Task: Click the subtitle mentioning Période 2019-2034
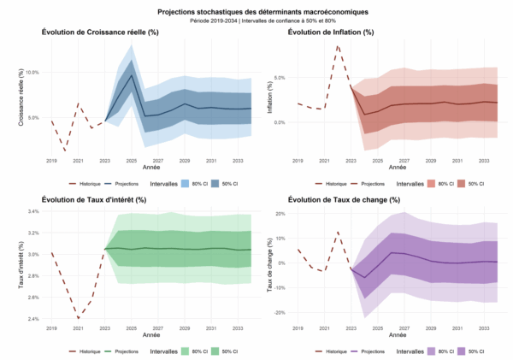pos(256,21)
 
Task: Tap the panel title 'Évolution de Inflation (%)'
pos(331,32)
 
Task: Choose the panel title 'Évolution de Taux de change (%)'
pos(340,199)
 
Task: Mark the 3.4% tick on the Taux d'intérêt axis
pos(32,211)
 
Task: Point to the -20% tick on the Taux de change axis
pos(277,312)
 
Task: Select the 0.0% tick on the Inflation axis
pos(280,122)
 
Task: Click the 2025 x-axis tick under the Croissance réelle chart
pos(133,161)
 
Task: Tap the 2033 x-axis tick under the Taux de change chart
pos(484,328)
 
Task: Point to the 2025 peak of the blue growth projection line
pos(133,74)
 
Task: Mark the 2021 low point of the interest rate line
pos(78,318)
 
